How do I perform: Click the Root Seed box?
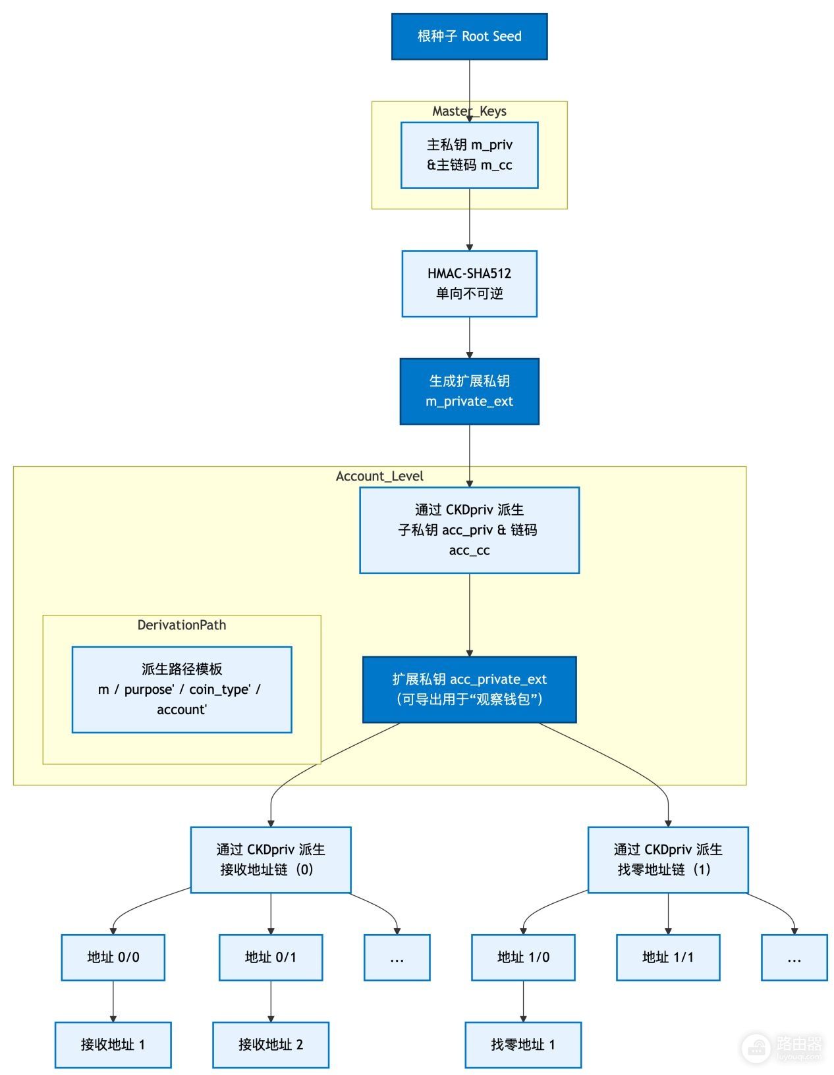pyautogui.click(x=469, y=36)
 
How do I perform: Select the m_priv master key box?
pyautogui.click(x=469, y=155)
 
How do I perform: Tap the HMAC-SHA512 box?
pyautogui.click(x=469, y=284)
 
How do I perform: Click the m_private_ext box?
pyautogui.click(x=469, y=391)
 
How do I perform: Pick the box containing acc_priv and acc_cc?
pyautogui.click(x=469, y=530)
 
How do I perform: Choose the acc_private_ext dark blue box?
pyautogui.click(x=469, y=689)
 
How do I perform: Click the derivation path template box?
pyautogui.click(x=182, y=689)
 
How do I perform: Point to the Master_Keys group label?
pyautogui.click(x=469, y=111)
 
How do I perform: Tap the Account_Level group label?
pyautogui.click(x=379, y=476)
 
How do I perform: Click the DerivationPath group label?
pyautogui.click(x=182, y=625)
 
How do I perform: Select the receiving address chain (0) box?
pyautogui.click(x=271, y=859)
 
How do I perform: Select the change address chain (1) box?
pyautogui.click(x=668, y=859)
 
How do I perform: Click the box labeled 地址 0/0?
pyautogui.click(x=113, y=957)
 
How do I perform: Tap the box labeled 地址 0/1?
pyautogui.click(x=271, y=957)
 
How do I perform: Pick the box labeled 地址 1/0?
pyautogui.click(x=523, y=957)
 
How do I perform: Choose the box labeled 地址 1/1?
pyautogui.click(x=668, y=957)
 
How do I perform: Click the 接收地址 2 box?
pyautogui.click(x=271, y=1044)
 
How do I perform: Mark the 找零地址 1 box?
pyautogui.click(x=523, y=1044)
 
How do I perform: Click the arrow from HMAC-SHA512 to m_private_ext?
pyautogui.click(x=469, y=338)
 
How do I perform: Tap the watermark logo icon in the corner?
pyautogui.click(x=756, y=1047)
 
